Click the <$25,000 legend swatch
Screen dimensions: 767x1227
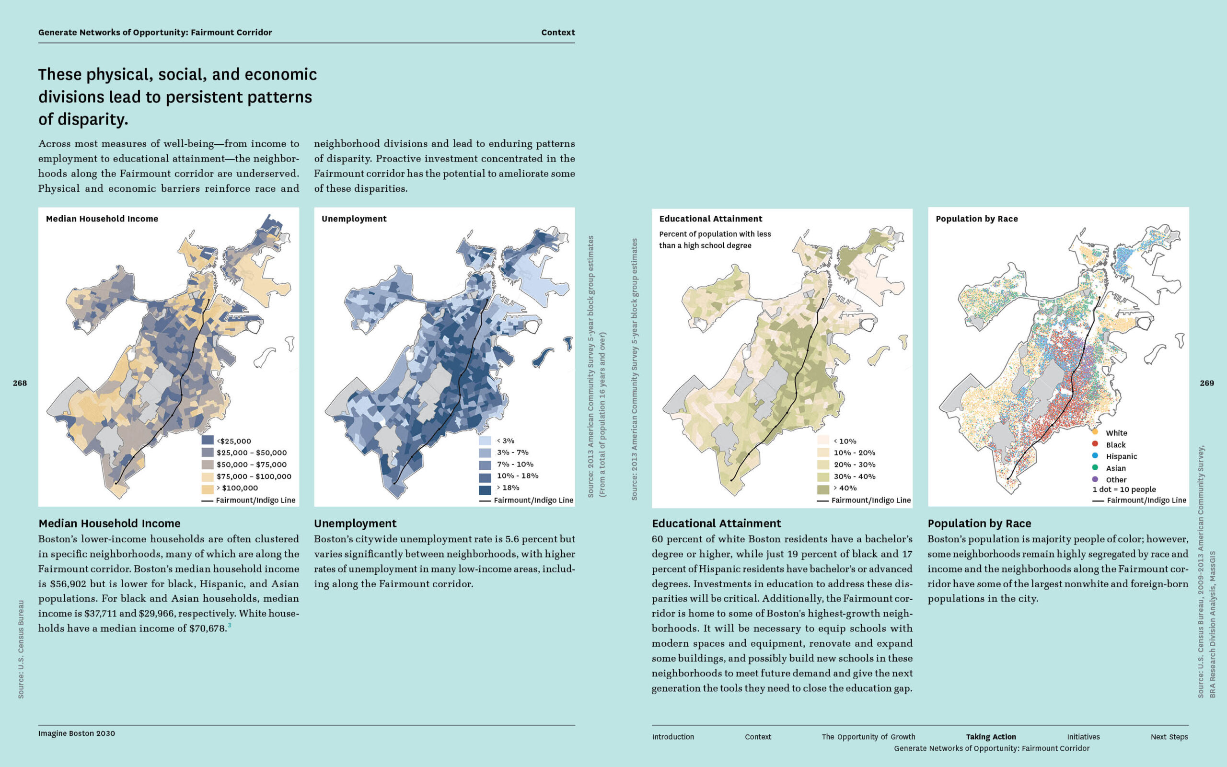tap(208, 441)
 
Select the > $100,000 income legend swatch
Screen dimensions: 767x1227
tap(208, 488)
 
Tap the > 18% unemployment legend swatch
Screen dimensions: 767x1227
tap(485, 488)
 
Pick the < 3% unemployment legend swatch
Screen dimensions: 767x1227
tap(485, 441)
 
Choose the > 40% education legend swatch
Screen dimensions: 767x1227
tap(823, 488)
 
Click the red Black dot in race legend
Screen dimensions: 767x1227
tap(1095, 444)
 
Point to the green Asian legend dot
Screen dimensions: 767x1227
tap(1095, 468)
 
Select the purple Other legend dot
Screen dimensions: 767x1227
tap(1095, 479)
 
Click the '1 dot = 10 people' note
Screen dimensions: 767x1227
tap(1124, 489)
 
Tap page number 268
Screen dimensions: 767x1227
tap(20, 383)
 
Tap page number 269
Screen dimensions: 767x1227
tap(1207, 383)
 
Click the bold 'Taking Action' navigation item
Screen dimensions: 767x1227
tap(991, 737)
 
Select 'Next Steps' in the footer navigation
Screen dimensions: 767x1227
tap(1169, 737)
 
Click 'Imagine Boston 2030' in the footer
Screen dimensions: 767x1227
tap(77, 733)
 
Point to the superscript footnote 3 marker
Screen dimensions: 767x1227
tap(230, 625)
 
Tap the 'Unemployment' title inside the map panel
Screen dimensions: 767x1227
tap(354, 219)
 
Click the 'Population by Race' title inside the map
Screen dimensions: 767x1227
tap(976, 219)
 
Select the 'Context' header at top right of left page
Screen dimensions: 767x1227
tap(558, 33)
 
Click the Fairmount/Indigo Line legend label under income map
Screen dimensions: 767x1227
tap(255, 500)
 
